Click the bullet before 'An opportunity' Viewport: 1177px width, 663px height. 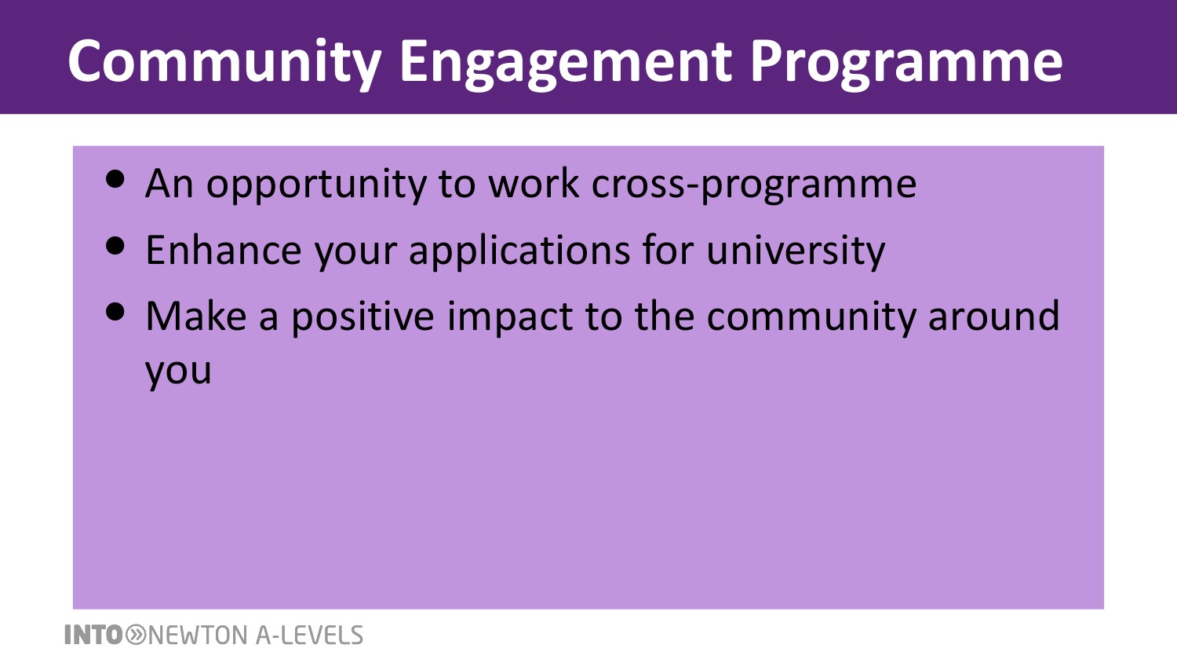click(115, 178)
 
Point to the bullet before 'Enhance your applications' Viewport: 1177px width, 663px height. click(115, 245)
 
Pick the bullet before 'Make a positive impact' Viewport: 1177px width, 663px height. click(115, 312)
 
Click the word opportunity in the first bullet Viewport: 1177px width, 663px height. click(316, 185)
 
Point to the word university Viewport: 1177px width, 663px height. click(796, 251)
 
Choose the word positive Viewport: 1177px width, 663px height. click(363, 318)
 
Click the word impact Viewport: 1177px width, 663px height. click(510, 318)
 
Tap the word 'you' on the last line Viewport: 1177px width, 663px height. click(178, 372)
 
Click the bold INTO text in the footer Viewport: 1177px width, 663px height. click(93, 635)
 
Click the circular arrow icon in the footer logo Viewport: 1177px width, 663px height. click(136, 635)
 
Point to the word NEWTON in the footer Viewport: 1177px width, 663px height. click(198, 635)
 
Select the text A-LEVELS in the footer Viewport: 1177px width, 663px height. click(309, 635)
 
